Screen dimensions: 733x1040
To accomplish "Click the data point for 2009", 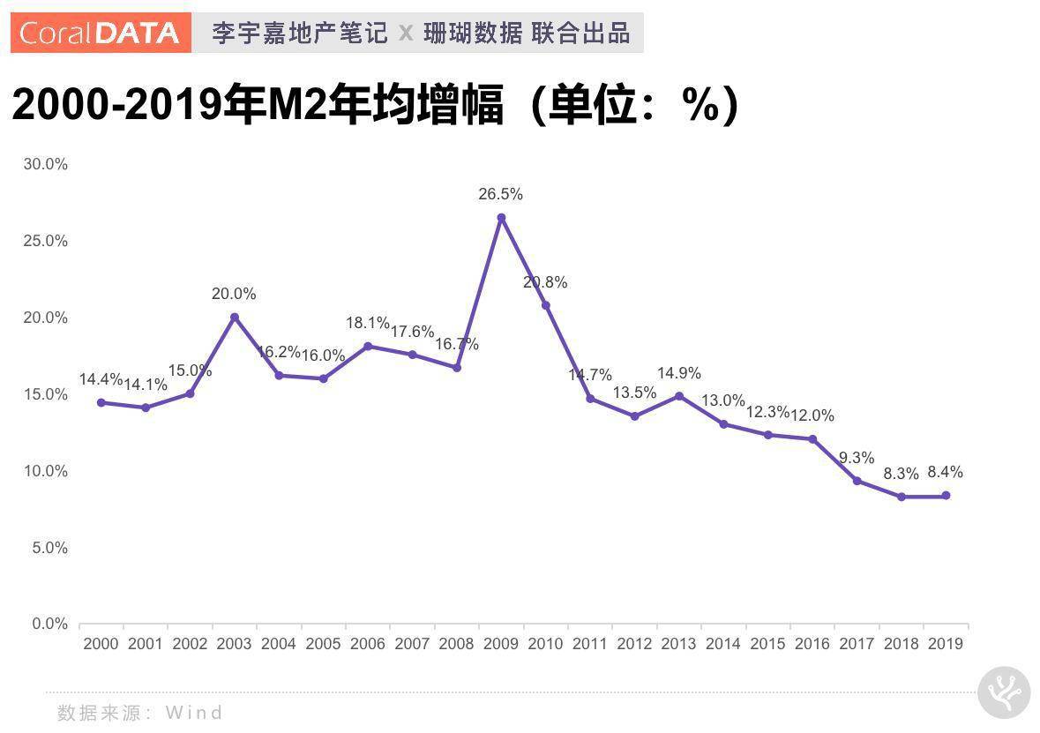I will point(501,218).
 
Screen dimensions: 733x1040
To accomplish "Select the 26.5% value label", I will point(500,194).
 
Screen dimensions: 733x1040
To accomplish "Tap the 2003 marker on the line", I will point(235,317).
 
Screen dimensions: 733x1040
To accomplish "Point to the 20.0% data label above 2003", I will point(234,294).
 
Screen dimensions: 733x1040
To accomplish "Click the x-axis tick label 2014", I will point(723,644).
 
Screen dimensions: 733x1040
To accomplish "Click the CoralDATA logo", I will point(101,34).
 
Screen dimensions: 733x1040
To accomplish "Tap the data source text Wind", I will point(194,713).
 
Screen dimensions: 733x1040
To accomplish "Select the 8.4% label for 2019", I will point(946,472).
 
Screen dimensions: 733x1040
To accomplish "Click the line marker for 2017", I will point(857,481).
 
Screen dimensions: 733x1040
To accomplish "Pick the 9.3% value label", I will point(857,458).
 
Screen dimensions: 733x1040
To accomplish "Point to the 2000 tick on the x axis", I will point(101,644).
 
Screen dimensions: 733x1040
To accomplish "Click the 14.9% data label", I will point(678,373).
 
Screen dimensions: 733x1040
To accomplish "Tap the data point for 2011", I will point(590,399).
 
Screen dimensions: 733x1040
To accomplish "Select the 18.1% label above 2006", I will point(367,323).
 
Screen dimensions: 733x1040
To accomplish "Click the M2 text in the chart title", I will point(290,106).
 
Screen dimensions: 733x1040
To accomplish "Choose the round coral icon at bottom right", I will point(1004,693).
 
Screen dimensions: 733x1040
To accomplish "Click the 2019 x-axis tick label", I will point(946,644).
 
